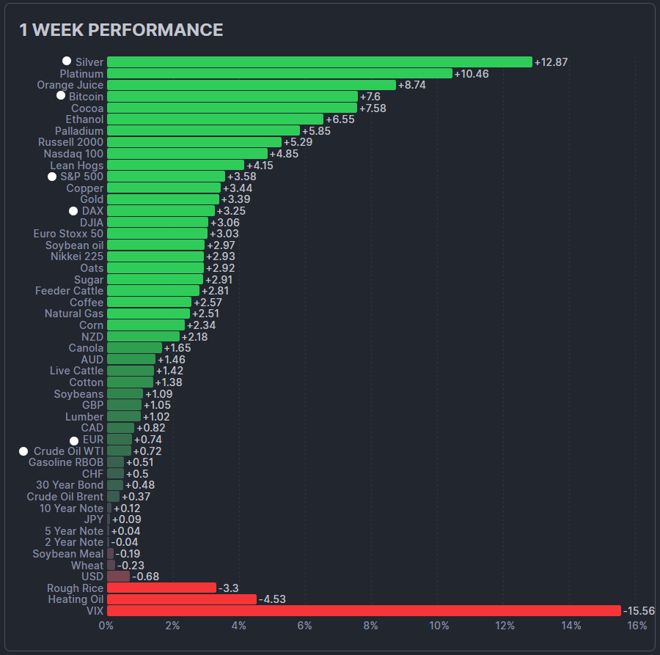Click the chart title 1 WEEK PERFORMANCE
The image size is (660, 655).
pos(121,30)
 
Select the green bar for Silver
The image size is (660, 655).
pos(319,62)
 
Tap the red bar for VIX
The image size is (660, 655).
pos(364,611)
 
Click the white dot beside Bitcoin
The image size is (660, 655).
pos(61,96)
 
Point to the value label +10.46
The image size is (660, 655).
pos(472,74)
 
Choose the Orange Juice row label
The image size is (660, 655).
pos(70,85)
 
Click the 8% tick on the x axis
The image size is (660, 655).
pos(372,626)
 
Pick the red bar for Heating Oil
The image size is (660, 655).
pos(182,599)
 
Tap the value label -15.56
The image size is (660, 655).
pos(639,611)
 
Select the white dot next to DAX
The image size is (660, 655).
pos(73,211)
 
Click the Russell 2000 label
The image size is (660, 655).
pos(70,142)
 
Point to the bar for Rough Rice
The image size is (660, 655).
pos(161,588)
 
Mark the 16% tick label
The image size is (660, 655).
pos(637,626)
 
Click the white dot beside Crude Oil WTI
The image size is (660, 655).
pos(23,451)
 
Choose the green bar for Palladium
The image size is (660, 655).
pos(203,130)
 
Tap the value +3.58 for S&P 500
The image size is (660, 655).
pos(241,177)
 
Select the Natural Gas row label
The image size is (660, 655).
pos(74,314)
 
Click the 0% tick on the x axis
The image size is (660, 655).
pos(106,626)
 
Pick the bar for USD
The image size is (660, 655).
pos(118,577)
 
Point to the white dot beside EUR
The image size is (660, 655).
pos(74,440)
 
